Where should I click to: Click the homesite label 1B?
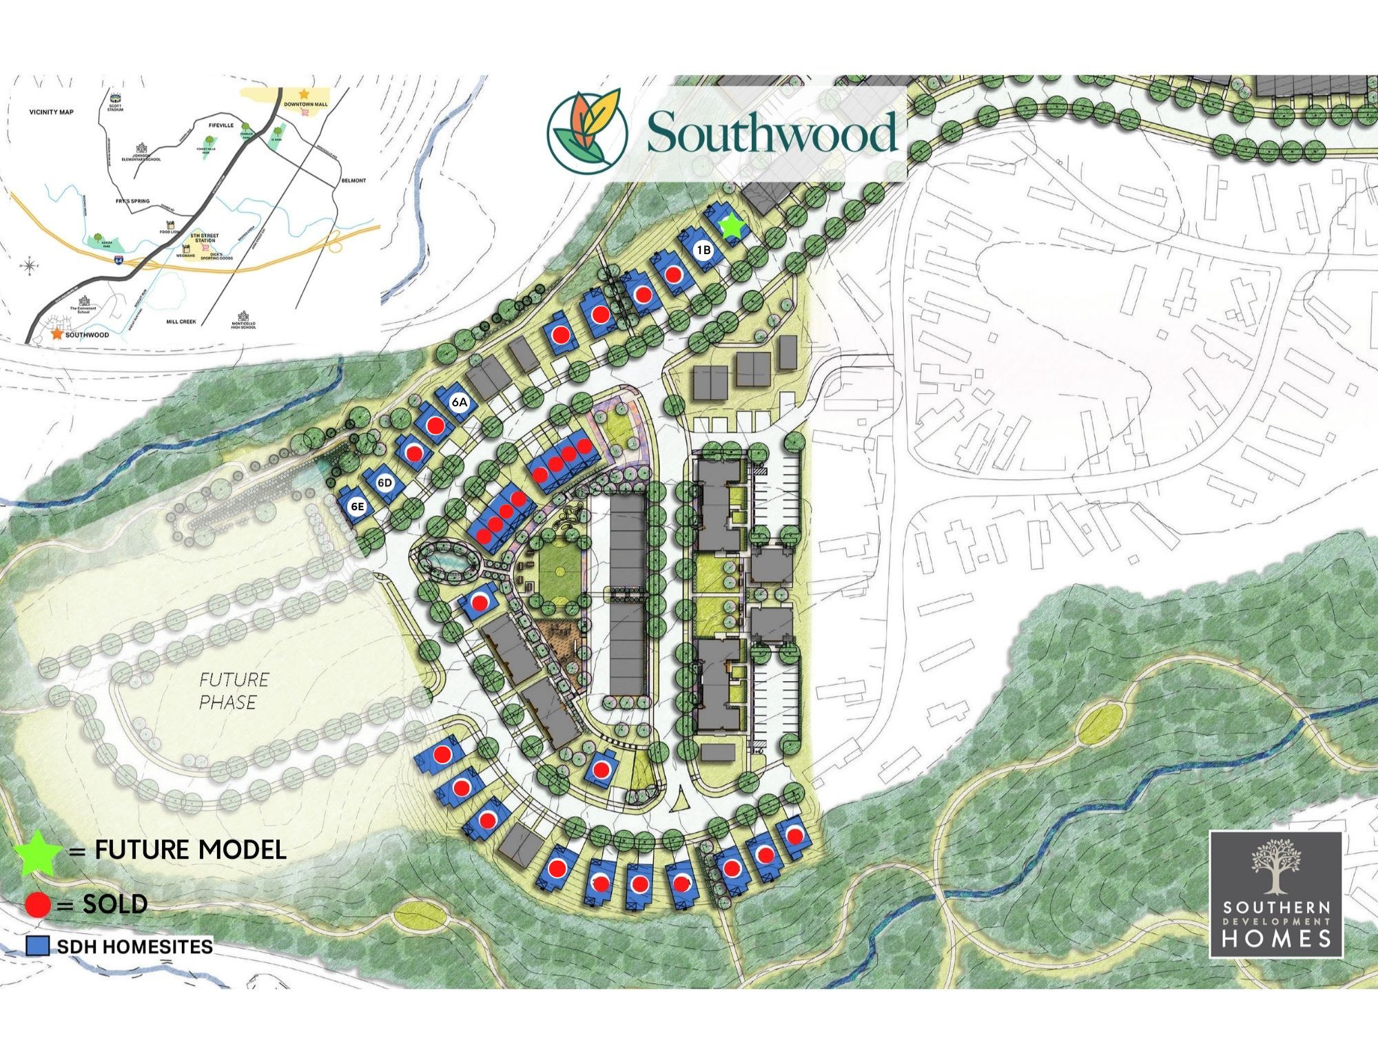click(703, 251)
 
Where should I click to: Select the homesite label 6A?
click(460, 401)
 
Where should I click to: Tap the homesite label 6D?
click(384, 483)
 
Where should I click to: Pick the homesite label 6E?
click(357, 508)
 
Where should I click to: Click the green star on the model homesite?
click(732, 226)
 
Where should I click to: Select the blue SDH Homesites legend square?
click(38, 946)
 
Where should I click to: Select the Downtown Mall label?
click(306, 104)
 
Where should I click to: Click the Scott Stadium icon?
click(115, 98)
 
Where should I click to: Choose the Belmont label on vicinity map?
click(353, 180)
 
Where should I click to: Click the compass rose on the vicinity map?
click(31, 265)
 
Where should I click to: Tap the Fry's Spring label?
click(133, 201)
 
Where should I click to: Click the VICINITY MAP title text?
click(51, 112)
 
